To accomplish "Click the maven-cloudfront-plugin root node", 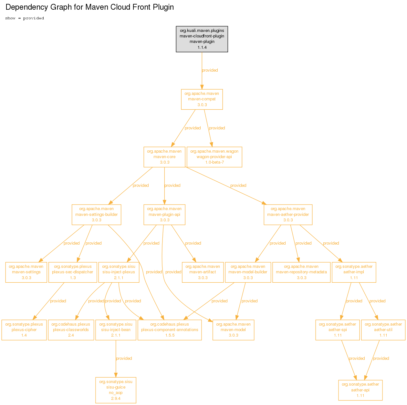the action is coord(202,39).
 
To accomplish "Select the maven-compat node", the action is coord(202,99).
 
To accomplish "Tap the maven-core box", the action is coord(164,157).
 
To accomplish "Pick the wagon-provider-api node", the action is coord(214,157).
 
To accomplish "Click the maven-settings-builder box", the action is coord(96,214).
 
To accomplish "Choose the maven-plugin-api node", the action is coord(164,214).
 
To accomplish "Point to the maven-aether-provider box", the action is coord(288,214).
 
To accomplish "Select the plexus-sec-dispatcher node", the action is coord(73,272).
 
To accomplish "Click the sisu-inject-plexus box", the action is coord(119,272).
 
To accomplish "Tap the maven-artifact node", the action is coord(203,272).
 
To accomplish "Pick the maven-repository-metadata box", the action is coord(301,272).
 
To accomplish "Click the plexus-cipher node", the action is coord(24,330).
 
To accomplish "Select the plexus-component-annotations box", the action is coord(170,330).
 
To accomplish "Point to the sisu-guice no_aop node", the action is coord(116,390).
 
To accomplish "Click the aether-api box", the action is coord(360,390).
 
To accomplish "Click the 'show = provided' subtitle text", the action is coord(25,18).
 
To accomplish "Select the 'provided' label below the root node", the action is coord(210,70).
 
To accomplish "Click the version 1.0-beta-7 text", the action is coord(214,162).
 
